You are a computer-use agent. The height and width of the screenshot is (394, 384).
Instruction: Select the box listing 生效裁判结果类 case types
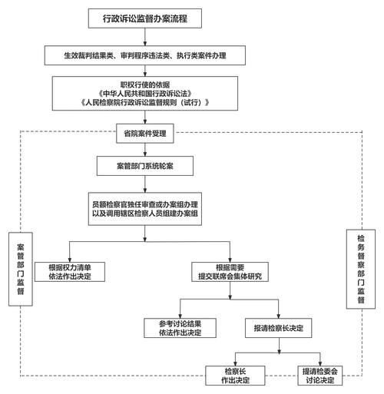click(145, 55)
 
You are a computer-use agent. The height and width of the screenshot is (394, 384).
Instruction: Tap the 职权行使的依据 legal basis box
click(145, 93)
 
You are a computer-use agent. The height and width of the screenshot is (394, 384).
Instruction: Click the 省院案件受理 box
click(145, 133)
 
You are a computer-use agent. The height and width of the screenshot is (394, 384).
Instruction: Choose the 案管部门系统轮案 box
click(145, 166)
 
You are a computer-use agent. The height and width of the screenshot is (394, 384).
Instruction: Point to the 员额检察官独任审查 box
click(145, 210)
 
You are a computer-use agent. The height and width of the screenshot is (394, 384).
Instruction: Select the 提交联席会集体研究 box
click(230, 270)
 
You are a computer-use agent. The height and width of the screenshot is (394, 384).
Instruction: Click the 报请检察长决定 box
click(278, 328)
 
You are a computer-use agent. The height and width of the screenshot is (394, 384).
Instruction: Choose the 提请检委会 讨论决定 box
click(317, 375)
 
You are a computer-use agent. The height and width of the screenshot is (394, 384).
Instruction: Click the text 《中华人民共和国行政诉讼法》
click(145, 93)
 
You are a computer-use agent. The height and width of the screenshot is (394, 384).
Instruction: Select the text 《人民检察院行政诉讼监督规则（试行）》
click(145, 103)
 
